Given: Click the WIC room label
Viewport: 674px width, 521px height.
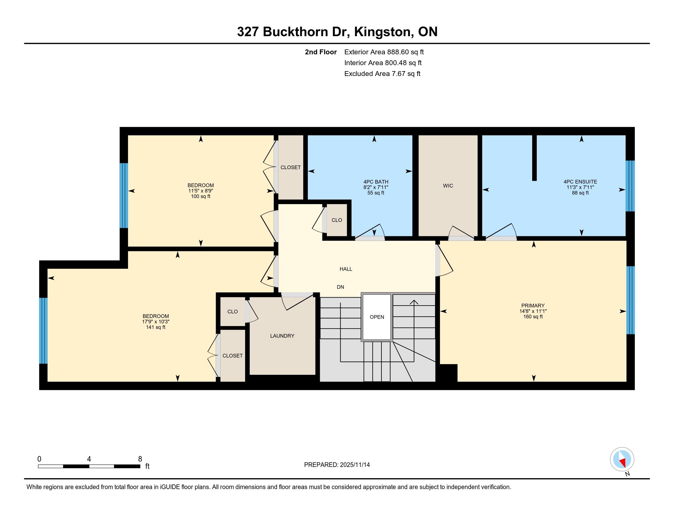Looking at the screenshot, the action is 448,185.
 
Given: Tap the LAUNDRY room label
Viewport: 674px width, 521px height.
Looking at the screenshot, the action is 282,336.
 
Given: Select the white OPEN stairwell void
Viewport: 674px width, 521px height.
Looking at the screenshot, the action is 377,317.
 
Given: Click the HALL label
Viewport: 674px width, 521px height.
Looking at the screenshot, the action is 346,269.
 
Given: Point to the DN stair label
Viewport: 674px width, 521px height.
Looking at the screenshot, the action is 340,287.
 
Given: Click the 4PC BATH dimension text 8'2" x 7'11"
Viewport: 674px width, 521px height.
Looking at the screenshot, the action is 376,187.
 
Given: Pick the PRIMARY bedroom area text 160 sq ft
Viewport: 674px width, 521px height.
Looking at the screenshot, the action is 533,317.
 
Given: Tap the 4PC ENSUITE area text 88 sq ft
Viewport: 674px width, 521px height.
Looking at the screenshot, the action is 580,193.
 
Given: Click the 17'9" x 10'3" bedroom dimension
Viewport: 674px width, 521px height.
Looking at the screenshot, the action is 156,321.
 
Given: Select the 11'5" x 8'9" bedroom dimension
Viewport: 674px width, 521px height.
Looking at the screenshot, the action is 201,191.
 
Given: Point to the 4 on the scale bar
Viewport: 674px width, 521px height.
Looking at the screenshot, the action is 89,459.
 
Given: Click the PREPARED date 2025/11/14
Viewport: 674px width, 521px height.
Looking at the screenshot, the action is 354,465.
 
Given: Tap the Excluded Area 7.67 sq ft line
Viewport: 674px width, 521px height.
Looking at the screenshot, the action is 382,74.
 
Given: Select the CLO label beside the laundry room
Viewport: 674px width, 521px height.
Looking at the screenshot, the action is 233,312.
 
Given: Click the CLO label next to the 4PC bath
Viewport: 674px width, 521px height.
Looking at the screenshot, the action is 337,220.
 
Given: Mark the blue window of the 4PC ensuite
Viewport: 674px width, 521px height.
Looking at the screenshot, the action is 630,186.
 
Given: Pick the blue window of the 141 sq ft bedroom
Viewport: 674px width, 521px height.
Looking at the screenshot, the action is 44,331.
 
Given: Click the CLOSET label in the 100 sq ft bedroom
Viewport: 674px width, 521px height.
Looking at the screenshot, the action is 290,167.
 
